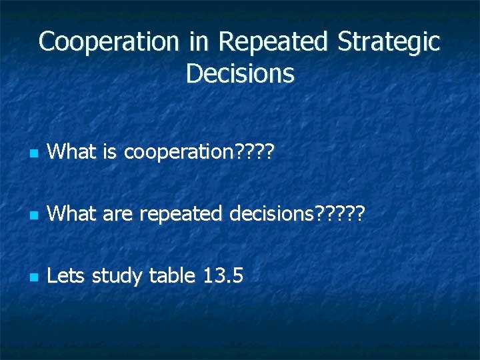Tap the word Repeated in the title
pos(273,42)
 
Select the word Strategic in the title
pos(389,42)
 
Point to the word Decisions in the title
pos(240,73)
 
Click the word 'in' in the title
pos(198,42)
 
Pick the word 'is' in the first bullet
pos(110,153)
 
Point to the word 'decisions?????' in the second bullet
pos(297,214)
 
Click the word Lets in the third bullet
pos(67,275)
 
